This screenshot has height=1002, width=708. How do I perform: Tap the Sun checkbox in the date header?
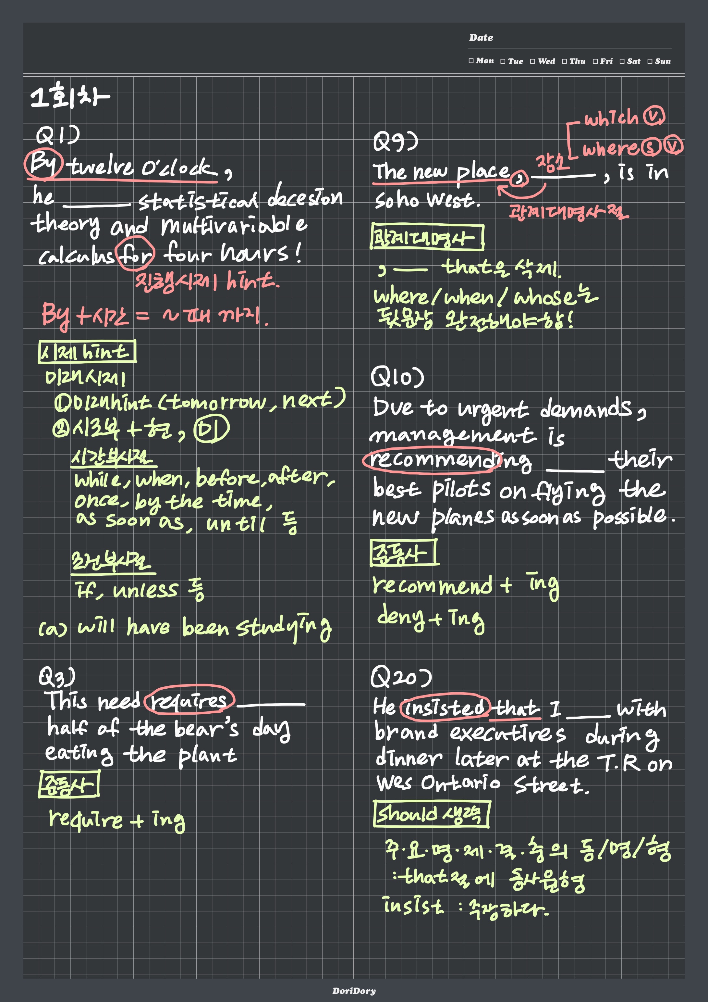click(x=650, y=61)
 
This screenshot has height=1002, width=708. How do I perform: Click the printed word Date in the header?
click(x=481, y=38)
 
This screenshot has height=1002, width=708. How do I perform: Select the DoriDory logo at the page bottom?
click(x=354, y=991)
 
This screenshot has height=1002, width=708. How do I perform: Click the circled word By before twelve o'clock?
click(x=43, y=164)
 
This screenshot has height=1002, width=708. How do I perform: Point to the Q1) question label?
click(x=58, y=136)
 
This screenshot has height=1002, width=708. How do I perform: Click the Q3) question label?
click(x=57, y=677)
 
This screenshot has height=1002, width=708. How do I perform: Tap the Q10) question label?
click(x=397, y=377)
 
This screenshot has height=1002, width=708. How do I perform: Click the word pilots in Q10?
click(x=461, y=490)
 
